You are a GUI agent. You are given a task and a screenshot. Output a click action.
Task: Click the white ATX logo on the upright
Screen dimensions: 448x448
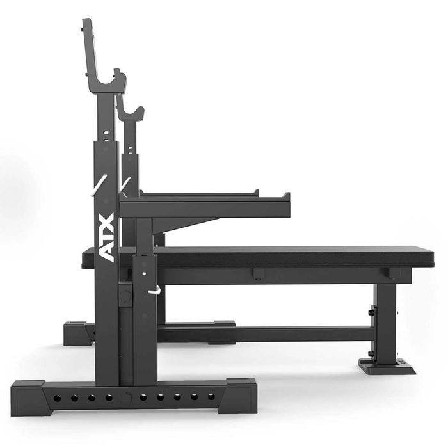pyautogui.click(x=108, y=237)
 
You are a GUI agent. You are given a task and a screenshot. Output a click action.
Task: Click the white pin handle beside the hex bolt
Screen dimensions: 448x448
pyautogui.click(x=155, y=291)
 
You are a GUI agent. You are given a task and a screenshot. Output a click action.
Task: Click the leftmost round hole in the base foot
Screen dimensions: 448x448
pyautogui.click(x=57, y=397)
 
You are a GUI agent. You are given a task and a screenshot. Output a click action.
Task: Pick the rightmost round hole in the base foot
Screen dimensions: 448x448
pyautogui.click(x=211, y=396)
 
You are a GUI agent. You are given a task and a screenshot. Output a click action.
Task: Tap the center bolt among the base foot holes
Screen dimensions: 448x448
pyautogui.click(x=126, y=397)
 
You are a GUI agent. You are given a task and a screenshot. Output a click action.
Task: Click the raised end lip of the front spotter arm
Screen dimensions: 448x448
pyautogui.click(x=286, y=197)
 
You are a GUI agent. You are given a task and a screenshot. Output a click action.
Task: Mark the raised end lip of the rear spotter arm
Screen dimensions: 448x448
pyautogui.click(x=255, y=192)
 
